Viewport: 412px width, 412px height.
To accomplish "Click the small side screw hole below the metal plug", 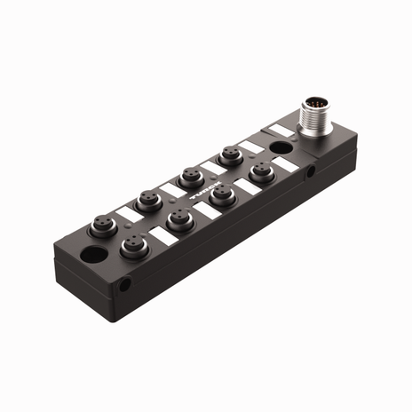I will pos(310,176).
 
